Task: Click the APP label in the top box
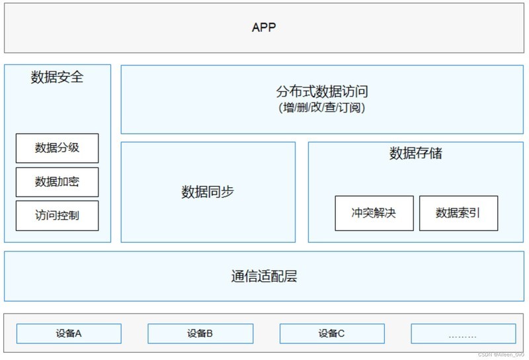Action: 264,28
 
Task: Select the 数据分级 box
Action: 57,148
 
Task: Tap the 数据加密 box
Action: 57,182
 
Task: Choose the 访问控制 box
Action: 57,216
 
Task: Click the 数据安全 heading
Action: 58,77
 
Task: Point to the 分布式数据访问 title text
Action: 322,92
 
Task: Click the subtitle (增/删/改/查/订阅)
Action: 322,108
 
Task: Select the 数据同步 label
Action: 208,193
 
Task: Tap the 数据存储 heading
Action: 415,154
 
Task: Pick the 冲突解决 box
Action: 374,213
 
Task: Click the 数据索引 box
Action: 458,213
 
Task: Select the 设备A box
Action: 69,334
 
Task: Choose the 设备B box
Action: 200,334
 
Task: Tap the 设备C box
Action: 331,334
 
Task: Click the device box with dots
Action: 463,334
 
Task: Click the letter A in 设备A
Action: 78,334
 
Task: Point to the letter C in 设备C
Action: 341,334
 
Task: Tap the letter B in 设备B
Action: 210,334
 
